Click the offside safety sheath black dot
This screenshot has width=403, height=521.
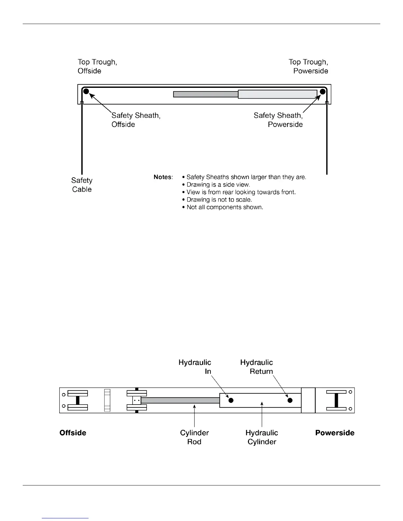click(86, 91)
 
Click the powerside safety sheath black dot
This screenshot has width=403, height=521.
click(322, 91)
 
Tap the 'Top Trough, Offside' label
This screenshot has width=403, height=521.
click(97, 66)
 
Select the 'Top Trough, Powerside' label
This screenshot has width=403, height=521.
click(309, 66)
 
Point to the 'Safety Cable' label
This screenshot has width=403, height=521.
click(82, 185)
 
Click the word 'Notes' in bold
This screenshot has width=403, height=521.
click(163, 177)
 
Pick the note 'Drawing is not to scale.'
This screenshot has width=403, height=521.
click(219, 200)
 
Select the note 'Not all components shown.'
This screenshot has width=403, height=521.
click(225, 207)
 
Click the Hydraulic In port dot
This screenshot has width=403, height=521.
click(231, 400)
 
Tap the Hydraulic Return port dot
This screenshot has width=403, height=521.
click(290, 400)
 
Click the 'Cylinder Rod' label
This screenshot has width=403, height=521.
click(194, 437)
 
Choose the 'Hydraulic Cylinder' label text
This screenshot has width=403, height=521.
click(262, 437)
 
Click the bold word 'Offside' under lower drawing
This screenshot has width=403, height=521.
click(73, 433)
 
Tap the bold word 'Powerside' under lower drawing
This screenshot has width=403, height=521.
click(335, 433)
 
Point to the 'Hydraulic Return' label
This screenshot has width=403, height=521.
click(257, 367)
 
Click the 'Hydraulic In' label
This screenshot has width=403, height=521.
click(195, 367)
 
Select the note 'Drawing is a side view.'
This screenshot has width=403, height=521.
click(218, 185)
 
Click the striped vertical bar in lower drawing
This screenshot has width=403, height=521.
click(107, 400)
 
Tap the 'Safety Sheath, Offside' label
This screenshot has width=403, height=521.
click(136, 120)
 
